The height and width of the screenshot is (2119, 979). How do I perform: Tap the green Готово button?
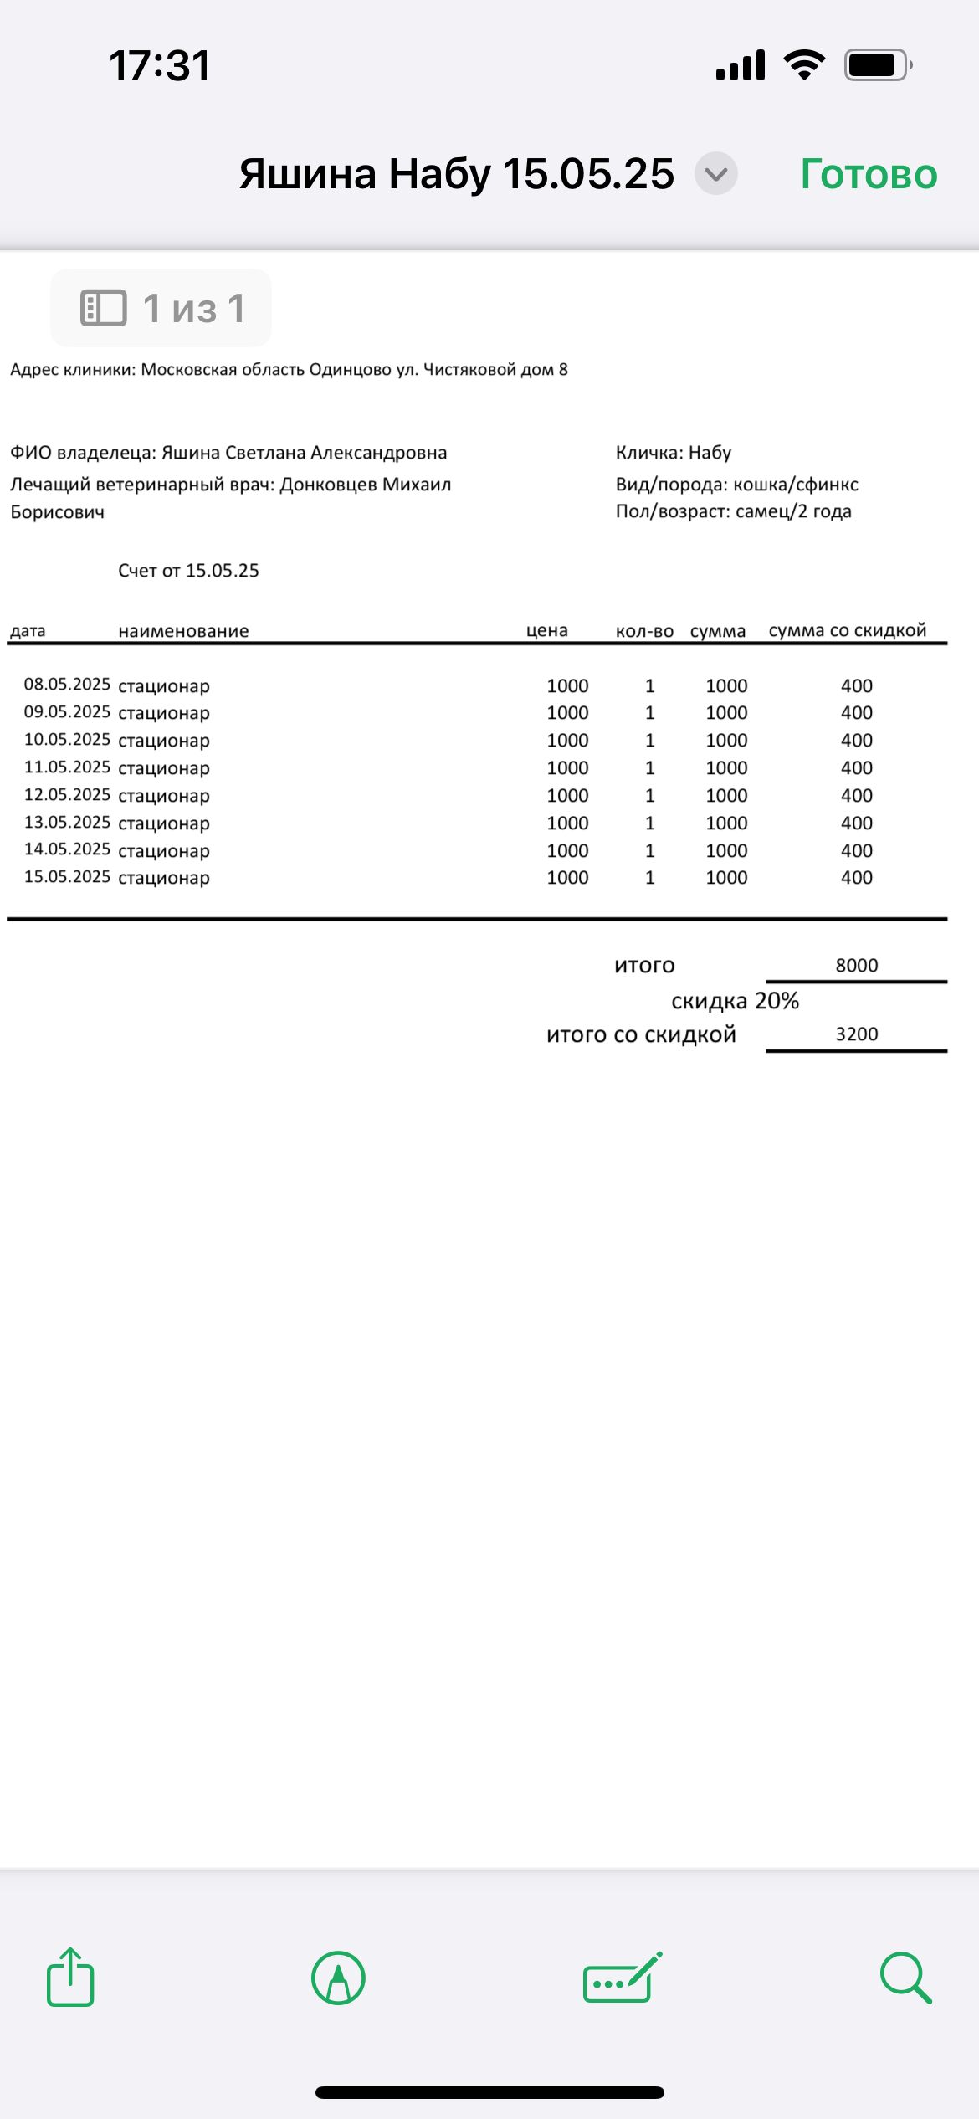[x=869, y=174]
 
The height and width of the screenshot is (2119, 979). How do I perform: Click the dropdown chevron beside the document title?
[x=716, y=174]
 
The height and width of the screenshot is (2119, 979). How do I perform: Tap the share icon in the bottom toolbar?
[x=70, y=1978]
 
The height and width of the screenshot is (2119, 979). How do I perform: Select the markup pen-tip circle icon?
[x=338, y=1978]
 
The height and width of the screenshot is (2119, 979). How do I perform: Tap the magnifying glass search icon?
[x=905, y=1978]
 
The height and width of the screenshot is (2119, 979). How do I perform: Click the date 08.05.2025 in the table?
[x=67, y=685]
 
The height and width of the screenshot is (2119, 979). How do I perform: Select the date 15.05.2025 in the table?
[x=67, y=877]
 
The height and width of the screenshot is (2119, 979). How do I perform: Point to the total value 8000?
[x=857, y=965]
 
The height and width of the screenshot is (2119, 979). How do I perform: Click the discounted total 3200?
[x=857, y=1034]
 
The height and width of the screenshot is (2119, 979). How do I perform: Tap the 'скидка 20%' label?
[x=735, y=1001]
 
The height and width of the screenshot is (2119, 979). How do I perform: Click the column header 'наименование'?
[x=183, y=631]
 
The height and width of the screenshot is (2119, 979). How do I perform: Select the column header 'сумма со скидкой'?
[x=848, y=630]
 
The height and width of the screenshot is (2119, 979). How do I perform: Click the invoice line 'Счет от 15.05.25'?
[x=188, y=571]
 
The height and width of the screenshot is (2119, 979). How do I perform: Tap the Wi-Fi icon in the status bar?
[x=804, y=64]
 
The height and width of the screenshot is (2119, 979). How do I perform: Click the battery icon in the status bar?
[x=877, y=64]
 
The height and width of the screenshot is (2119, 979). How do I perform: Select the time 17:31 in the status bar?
[x=160, y=65]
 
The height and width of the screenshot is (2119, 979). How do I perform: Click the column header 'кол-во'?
[x=644, y=631]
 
